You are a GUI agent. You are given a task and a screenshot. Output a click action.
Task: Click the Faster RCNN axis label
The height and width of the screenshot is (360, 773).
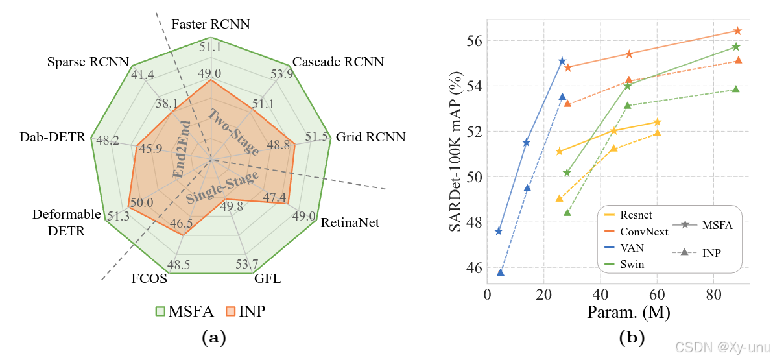[x=211, y=24]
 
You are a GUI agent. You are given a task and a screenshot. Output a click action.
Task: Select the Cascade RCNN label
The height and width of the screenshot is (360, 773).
[x=338, y=62]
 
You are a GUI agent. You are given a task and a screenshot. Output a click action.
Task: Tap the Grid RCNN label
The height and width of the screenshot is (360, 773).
[x=371, y=137]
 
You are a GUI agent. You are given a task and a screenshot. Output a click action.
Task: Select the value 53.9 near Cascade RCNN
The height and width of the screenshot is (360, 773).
[x=281, y=74]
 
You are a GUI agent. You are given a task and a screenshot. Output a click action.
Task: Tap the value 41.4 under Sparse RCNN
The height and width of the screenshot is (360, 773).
[x=142, y=75]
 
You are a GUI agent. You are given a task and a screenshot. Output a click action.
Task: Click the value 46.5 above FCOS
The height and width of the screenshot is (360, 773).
[x=181, y=223]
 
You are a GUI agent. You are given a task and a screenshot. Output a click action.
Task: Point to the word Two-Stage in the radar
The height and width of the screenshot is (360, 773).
[x=233, y=132]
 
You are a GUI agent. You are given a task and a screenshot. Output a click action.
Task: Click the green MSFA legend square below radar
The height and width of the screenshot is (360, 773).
[x=161, y=311]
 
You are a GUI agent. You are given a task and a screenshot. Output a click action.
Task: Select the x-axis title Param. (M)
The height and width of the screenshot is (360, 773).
[x=628, y=312]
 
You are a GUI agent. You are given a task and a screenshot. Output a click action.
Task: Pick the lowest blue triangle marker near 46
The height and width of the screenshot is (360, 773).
[x=501, y=272]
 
